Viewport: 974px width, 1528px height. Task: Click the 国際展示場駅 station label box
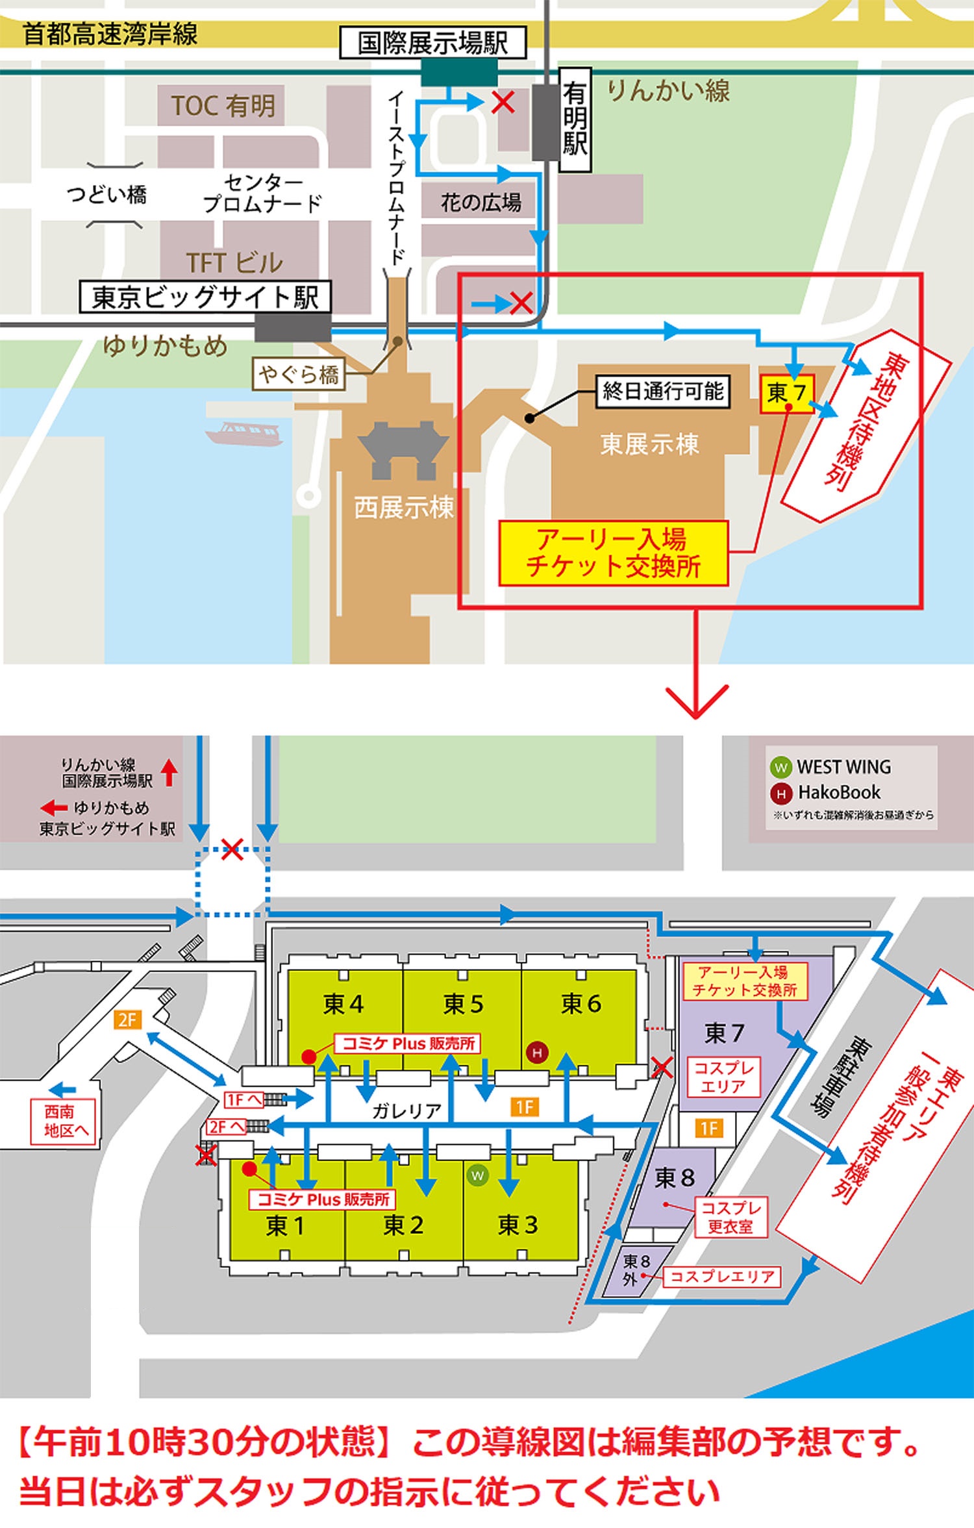pos(432,43)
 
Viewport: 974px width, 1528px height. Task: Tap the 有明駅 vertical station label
pos(575,119)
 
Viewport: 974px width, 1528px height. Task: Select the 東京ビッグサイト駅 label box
pos(205,297)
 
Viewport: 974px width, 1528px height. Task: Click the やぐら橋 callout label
pos(299,375)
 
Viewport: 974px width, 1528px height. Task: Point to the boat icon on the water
pos(245,433)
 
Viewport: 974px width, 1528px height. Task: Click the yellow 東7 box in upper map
pos(787,392)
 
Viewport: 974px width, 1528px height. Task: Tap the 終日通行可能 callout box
pos(663,391)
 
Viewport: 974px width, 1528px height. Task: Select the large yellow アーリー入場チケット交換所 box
pos(612,553)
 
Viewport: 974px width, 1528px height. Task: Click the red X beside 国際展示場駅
pos(503,102)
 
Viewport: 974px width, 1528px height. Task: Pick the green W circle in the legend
pos(780,767)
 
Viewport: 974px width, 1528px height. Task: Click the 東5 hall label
pos(463,1004)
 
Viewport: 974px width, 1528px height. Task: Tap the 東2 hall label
pos(403,1225)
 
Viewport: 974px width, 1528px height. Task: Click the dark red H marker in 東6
pos(537,1053)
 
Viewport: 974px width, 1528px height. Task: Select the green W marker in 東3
pos(477,1175)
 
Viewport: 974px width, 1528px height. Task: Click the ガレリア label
pos(406,1110)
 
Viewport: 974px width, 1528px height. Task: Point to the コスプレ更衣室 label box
pos(730,1218)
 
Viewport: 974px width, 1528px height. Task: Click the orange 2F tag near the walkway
pos(127,1020)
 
